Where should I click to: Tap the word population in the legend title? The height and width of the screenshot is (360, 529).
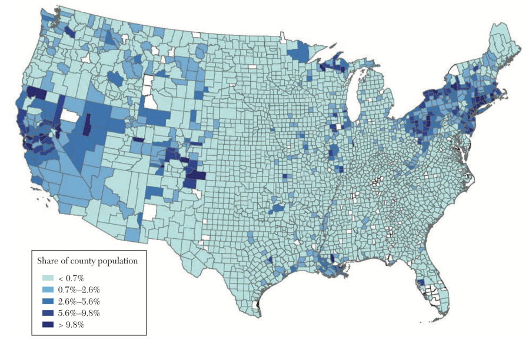[x=118, y=259]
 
